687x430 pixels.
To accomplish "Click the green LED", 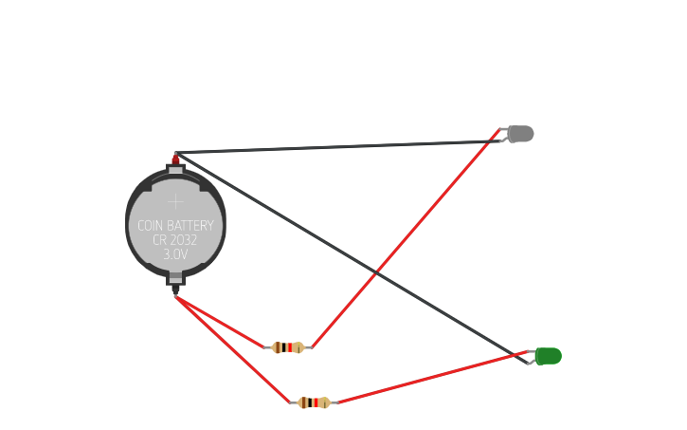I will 548,356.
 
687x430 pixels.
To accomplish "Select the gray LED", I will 520,134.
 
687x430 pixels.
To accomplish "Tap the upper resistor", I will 288,347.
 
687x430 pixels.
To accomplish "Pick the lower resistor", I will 314,402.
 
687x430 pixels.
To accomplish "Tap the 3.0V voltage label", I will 175,254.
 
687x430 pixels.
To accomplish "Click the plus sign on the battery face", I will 175,201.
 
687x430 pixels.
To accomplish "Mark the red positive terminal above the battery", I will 175,159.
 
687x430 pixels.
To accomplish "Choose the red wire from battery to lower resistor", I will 232,349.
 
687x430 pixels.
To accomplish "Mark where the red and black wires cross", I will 377,273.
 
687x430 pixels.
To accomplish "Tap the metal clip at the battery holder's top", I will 175,171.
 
